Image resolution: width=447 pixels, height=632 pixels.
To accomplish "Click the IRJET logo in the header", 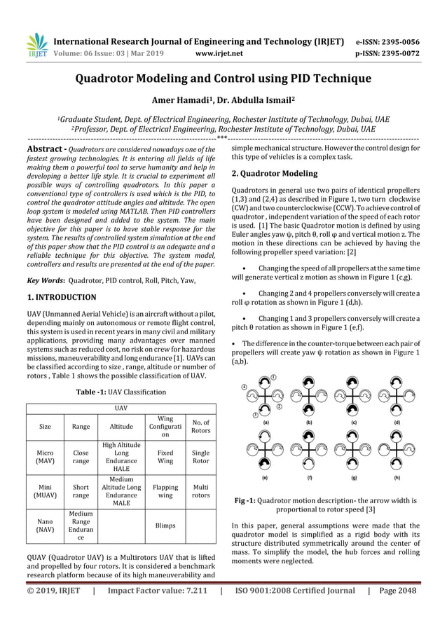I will (36, 46).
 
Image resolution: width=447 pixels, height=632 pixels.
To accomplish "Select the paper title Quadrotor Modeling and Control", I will (223, 78).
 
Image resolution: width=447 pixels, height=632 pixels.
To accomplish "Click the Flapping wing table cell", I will (165, 492).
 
